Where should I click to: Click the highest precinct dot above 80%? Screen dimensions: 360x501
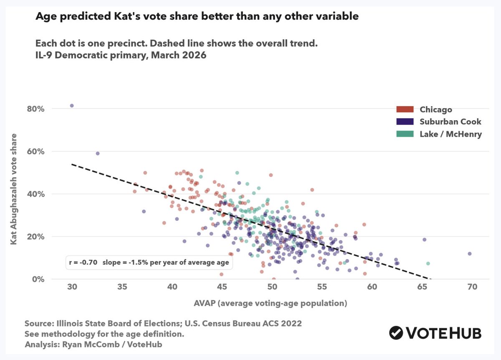pyautogui.click(x=72, y=106)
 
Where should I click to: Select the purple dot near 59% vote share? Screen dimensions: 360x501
pyautogui.click(x=98, y=154)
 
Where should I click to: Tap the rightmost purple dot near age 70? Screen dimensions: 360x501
pyautogui.click(x=470, y=254)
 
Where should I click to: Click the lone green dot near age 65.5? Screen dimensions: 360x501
pyautogui.click(x=428, y=264)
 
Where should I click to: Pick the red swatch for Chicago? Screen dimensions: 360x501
pyautogui.click(x=405, y=109)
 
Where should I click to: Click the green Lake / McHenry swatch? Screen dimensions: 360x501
pyautogui.click(x=405, y=134)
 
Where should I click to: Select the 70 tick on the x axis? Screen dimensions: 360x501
pyautogui.click(x=472, y=287)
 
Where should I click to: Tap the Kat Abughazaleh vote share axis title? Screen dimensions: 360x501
pyautogui.click(x=14, y=189)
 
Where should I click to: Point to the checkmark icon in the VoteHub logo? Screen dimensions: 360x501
pyautogui.click(x=396, y=333)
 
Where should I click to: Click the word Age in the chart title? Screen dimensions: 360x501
pyautogui.click(x=44, y=16)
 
